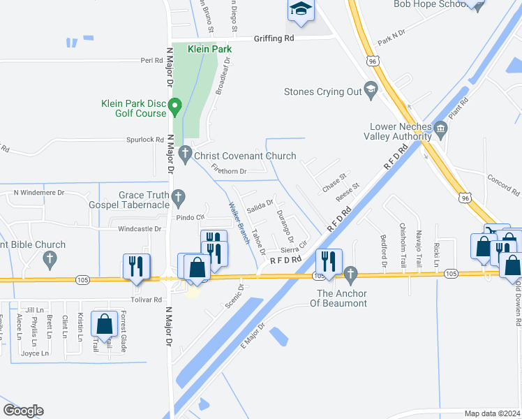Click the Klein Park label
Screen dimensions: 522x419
[x=210, y=50]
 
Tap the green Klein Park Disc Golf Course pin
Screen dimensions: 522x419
[x=175, y=107]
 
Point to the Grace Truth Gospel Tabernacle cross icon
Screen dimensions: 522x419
[x=179, y=196]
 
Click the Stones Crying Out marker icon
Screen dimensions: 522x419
[x=371, y=89]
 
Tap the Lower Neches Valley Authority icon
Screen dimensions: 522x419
[x=440, y=128]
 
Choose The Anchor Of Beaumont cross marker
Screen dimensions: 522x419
[x=351, y=272]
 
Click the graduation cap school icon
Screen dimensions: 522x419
[x=301, y=9]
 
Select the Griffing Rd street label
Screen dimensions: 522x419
[x=274, y=38]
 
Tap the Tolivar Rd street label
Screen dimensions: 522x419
[x=147, y=299]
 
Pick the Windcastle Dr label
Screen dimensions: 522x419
[x=140, y=228]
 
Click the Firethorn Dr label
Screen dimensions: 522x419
[x=229, y=171]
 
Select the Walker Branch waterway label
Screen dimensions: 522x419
[x=239, y=222]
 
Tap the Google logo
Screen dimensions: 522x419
[x=22, y=411]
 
